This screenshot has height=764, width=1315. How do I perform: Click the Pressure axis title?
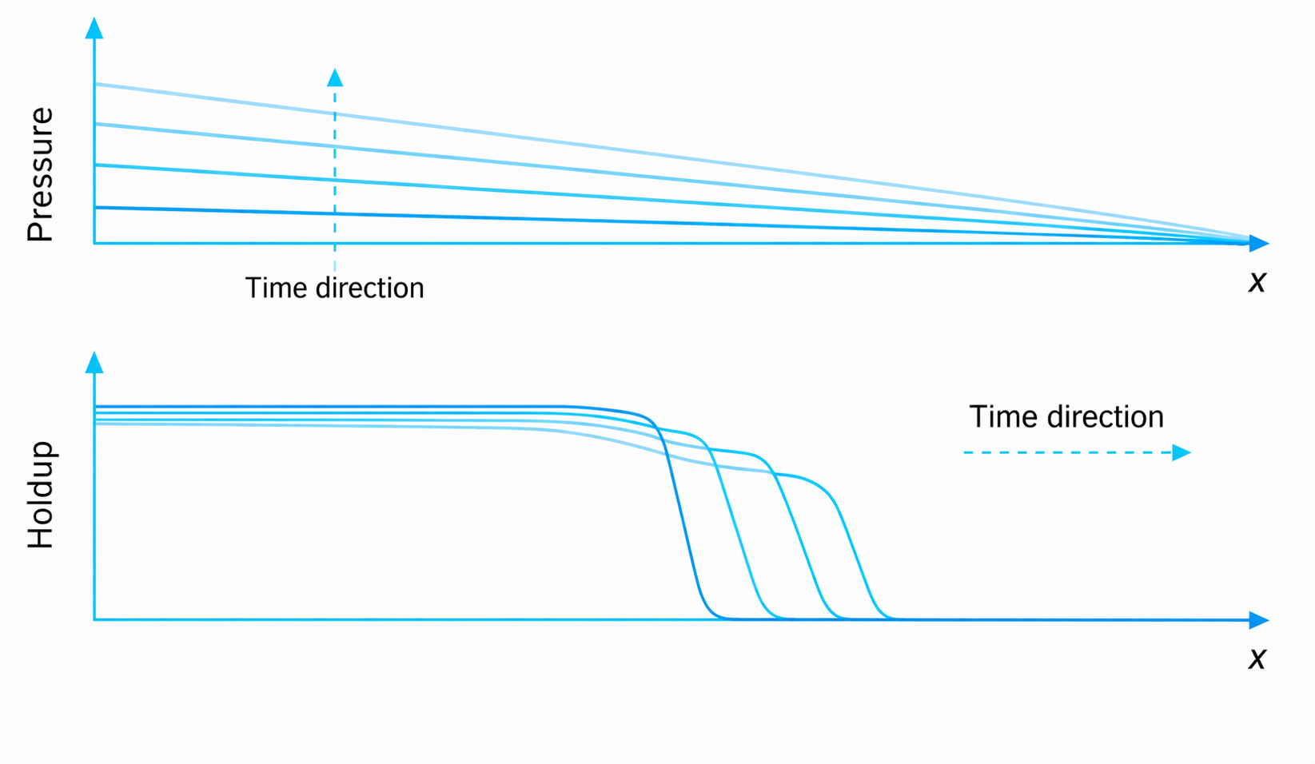coord(41,174)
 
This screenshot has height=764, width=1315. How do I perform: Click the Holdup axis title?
coord(41,495)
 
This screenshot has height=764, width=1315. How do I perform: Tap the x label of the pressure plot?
coord(1257,282)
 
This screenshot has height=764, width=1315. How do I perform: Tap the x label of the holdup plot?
coord(1257,659)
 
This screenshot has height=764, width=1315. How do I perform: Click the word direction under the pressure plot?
coord(370,288)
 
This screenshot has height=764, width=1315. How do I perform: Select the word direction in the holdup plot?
coord(1106,416)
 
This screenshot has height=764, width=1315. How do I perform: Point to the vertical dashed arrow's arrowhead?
coord(335,78)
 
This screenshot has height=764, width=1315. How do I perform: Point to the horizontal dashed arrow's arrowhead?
coord(1182,452)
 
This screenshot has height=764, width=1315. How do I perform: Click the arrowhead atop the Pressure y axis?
coord(94,28)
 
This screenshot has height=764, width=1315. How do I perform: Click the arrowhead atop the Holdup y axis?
coord(94,362)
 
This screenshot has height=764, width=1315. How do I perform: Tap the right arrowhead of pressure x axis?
coord(1258,243)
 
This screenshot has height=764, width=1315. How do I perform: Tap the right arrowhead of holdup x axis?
coord(1258,619)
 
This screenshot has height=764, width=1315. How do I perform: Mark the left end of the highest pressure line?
coord(96,85)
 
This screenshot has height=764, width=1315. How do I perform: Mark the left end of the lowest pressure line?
coord(96,207)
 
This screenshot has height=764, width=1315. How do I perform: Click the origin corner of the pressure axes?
coord(94,243)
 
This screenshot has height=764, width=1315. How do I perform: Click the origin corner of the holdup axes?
coord(94,619)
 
